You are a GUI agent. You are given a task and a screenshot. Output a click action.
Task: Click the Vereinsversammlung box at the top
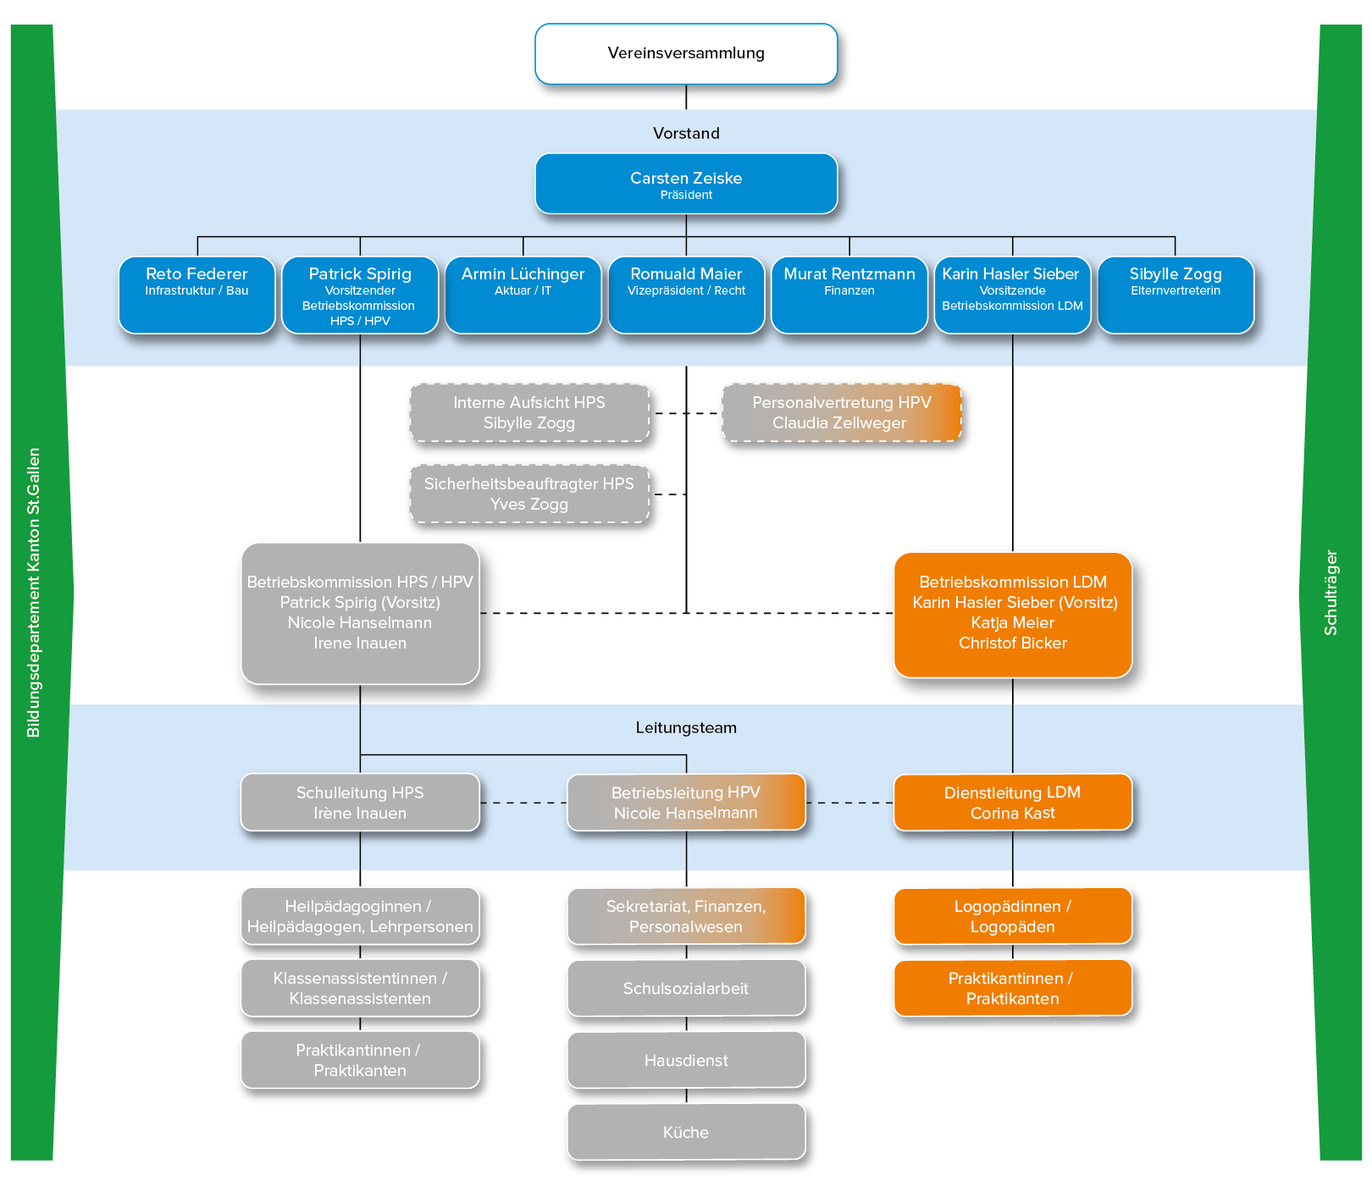pos(686,53)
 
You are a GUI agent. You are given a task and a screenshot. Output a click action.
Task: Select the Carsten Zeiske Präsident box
pos(686,184)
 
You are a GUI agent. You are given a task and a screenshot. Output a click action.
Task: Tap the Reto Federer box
pos(196,295)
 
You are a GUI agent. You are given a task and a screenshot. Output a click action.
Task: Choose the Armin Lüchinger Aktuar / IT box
pos(523,295)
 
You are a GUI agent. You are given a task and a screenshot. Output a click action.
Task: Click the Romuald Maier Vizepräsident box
pos(686,295)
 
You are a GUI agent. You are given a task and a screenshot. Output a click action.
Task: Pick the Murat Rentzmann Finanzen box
pos(849,295)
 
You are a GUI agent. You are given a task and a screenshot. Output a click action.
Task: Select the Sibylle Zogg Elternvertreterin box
pos(1176,295)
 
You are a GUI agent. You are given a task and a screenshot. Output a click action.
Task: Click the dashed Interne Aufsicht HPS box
pos(529,413)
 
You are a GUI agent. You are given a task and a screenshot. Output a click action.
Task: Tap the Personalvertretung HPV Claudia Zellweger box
pos(842,413)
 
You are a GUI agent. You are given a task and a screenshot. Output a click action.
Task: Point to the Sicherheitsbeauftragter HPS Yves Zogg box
pos(529,494)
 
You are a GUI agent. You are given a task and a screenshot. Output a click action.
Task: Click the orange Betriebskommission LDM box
pos(1013,615)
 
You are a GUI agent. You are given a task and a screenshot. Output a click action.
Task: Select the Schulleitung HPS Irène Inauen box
pos(360,803)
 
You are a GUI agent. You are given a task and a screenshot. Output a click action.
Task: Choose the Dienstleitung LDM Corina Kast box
pos(1013,803)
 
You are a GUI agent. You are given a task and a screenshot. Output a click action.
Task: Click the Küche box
pos(686,1132)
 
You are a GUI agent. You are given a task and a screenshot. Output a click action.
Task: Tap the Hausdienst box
pos(686,1060)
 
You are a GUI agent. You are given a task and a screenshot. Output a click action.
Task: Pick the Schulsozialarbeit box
pos(686,988)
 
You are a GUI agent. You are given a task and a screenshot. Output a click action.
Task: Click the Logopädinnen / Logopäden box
pos(1013,916)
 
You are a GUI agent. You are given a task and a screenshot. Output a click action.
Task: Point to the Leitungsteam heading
pos(686,728)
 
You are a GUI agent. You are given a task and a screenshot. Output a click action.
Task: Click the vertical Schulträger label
pos(1331,593)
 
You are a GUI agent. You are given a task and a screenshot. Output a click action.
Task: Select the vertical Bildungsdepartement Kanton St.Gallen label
pos(34,593)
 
